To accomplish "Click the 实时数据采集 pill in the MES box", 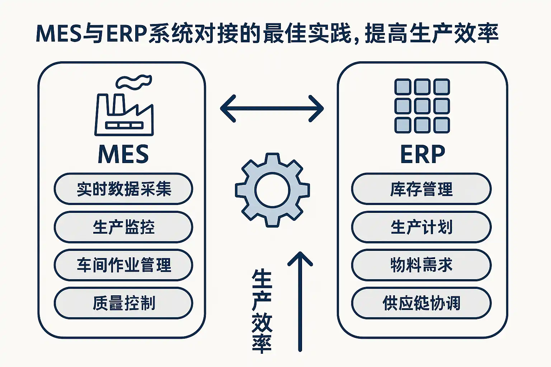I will click(123, 189).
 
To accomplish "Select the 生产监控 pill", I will click(123, 227).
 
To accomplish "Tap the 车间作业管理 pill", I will click(123, 265).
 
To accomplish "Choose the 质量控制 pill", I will click(123, 303).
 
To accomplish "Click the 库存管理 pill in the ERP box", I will click(421, 189).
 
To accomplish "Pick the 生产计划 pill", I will click(421, 227).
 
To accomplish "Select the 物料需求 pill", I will click(421, 265).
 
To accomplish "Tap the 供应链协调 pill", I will click(421, 303).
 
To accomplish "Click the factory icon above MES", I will click(124, 115).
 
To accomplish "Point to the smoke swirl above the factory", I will click(133, 82).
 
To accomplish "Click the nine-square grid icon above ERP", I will click(422, 106).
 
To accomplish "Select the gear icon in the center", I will click(272, 190).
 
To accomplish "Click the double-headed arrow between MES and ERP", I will click(272, 108).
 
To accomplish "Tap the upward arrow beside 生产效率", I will click(300, 301).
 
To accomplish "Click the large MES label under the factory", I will click(123, 154).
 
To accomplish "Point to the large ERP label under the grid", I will click(422, 154).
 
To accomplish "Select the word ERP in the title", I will click(126, 34).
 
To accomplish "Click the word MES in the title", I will click(59, 34).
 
